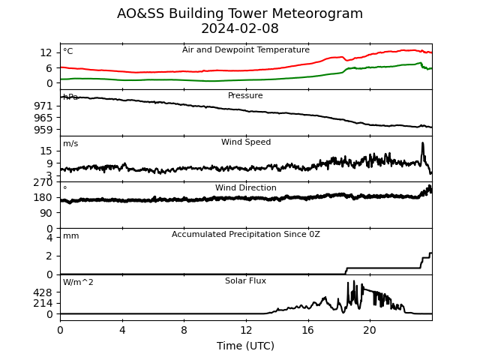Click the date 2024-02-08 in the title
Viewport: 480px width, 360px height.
coord(240,28)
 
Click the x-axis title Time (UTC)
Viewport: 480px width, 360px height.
coord(245,346)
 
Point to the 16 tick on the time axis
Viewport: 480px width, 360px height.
coord(308,330)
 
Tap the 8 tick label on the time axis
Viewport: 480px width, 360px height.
coord(184,330)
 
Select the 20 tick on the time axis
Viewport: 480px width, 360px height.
coord(370,330)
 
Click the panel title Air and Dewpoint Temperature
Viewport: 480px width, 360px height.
coord(246,49)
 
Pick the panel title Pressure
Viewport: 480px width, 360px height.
coord(245,95)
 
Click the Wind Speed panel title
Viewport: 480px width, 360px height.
coord(246,142)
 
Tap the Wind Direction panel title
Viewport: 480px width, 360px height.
coord(246,187)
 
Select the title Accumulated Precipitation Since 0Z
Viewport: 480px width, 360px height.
coord(246,234)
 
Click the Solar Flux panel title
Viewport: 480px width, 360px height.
coord(245,280)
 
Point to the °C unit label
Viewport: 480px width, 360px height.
coord(68,51)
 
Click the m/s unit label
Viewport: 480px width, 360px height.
coord(70,143)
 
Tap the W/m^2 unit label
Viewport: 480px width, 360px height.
coord(78,282)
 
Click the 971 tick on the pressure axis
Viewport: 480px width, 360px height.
coord(43,106)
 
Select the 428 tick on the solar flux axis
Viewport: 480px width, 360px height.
coord(43,292)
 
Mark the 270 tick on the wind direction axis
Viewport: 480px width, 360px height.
coord(43,182)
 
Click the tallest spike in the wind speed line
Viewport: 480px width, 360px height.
coord(423,143)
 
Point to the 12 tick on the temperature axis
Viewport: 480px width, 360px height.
coord(46,52)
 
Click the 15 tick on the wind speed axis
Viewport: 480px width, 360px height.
coord(46,151)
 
